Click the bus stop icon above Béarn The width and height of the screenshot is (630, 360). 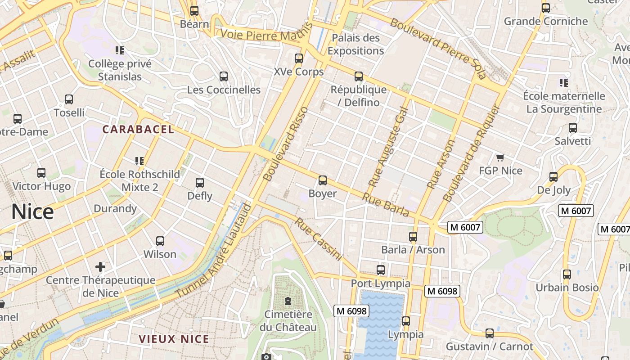tap(194, 11)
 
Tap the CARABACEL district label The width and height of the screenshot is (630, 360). tap(138, 130)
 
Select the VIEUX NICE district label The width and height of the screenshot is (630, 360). tap(174, 339)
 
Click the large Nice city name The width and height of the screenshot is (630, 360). tap(32, 211)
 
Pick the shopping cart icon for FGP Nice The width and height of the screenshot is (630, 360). tap(500, 157)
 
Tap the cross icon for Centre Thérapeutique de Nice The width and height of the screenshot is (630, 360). tap(100, 267)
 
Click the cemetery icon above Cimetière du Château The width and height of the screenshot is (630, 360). tap(288, 301)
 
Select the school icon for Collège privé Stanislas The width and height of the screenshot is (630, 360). tap(120, 50)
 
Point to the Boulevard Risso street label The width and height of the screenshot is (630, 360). tap(286, 144)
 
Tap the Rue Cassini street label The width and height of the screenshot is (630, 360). tap(319, 239)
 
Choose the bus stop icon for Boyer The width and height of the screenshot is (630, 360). tap(323, 180)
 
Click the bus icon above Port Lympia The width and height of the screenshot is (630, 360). tap(381, 270)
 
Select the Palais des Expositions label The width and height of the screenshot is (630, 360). tap(355, 44)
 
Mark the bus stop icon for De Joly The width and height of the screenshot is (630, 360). tap(553, 177)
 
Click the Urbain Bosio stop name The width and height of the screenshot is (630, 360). tap(567, 288)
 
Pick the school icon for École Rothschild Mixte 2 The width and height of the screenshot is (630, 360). tap(139, 161)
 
